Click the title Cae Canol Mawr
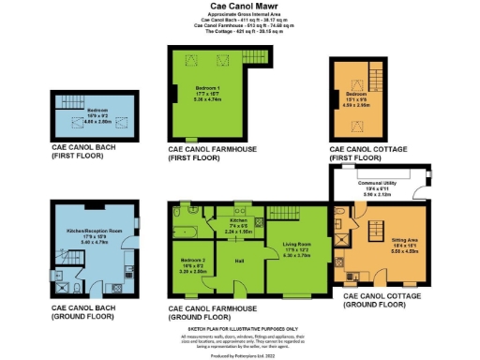click(x=239, y=6)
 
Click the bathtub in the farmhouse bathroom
click(x=183, y=225)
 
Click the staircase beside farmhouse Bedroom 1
click(x=252, y=60)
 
